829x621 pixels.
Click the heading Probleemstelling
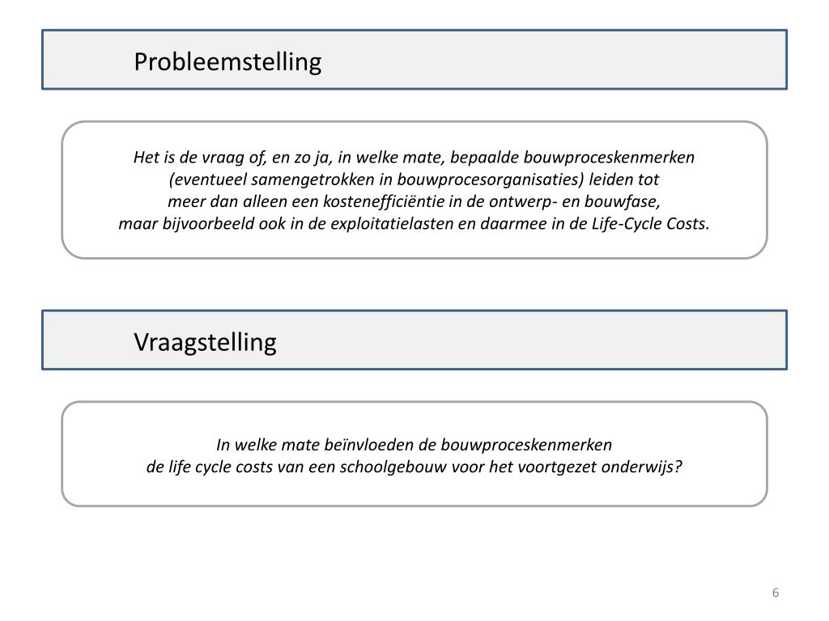click(227, 61)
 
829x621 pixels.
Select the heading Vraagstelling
click(205, 342)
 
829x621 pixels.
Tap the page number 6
click(776, 593)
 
